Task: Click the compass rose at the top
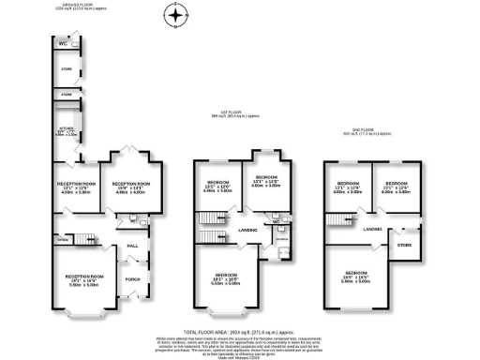pyautogui.click(x=174, y=16)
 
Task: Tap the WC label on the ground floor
pyautogui.click(x=63, y=43)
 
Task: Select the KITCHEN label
pyautogui.click(x=67, y=129)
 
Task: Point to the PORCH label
pyautogui.click(x=133, y=278)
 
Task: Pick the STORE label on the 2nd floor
pyautogui.click(x=404, y=246)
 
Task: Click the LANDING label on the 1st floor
pyautogui.click(x=247, y=229)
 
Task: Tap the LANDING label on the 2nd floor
pyautogui.click(x=372, y=228)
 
